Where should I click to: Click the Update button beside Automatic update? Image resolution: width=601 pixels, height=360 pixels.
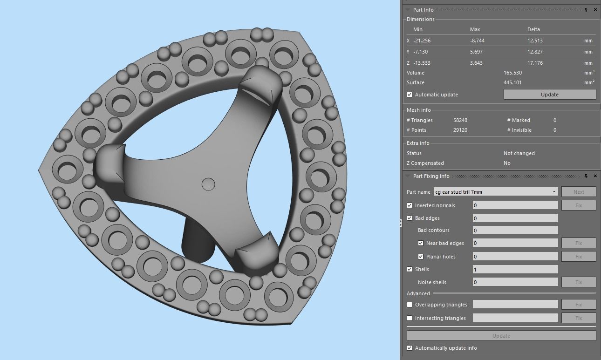[549, 95]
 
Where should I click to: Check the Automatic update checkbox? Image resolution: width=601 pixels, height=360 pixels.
[410, 95]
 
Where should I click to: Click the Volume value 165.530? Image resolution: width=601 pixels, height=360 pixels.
[512, 73]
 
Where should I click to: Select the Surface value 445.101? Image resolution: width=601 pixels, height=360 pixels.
[512, 82]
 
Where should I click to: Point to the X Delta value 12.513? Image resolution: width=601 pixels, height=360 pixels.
[535, 41]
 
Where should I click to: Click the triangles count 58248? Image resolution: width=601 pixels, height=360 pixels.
[460, 120]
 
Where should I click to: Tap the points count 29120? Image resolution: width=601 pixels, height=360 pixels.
[460, 130]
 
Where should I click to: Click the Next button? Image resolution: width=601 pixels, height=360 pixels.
[579, 192]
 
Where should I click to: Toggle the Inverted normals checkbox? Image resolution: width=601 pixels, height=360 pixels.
[410, 205]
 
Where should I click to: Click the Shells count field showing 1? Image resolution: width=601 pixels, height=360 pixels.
[515, 269]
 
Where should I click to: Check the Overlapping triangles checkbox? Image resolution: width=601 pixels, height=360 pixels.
[410, 305]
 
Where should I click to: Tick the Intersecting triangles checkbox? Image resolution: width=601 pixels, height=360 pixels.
[410, 318]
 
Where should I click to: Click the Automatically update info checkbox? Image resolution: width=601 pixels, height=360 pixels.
[410, 348]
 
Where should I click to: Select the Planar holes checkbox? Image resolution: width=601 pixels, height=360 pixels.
[421, 257]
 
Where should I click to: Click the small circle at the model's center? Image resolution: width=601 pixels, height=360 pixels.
[208, 184]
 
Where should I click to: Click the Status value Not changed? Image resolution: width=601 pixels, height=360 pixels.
[519, 153]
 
